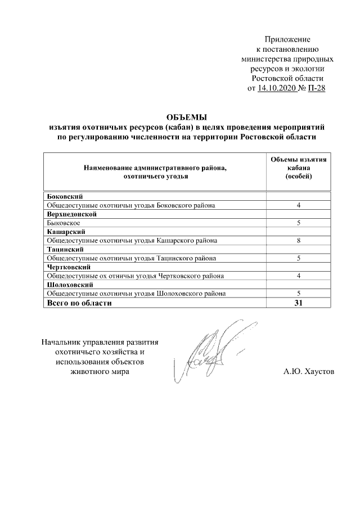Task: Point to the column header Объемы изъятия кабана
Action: point(299,168)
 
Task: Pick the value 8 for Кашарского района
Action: point(299,241)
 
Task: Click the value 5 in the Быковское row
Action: point(299,223)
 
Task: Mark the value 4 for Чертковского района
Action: point(299,276)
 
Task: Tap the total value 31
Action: point(299,303)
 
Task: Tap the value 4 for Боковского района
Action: point(299,205)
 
